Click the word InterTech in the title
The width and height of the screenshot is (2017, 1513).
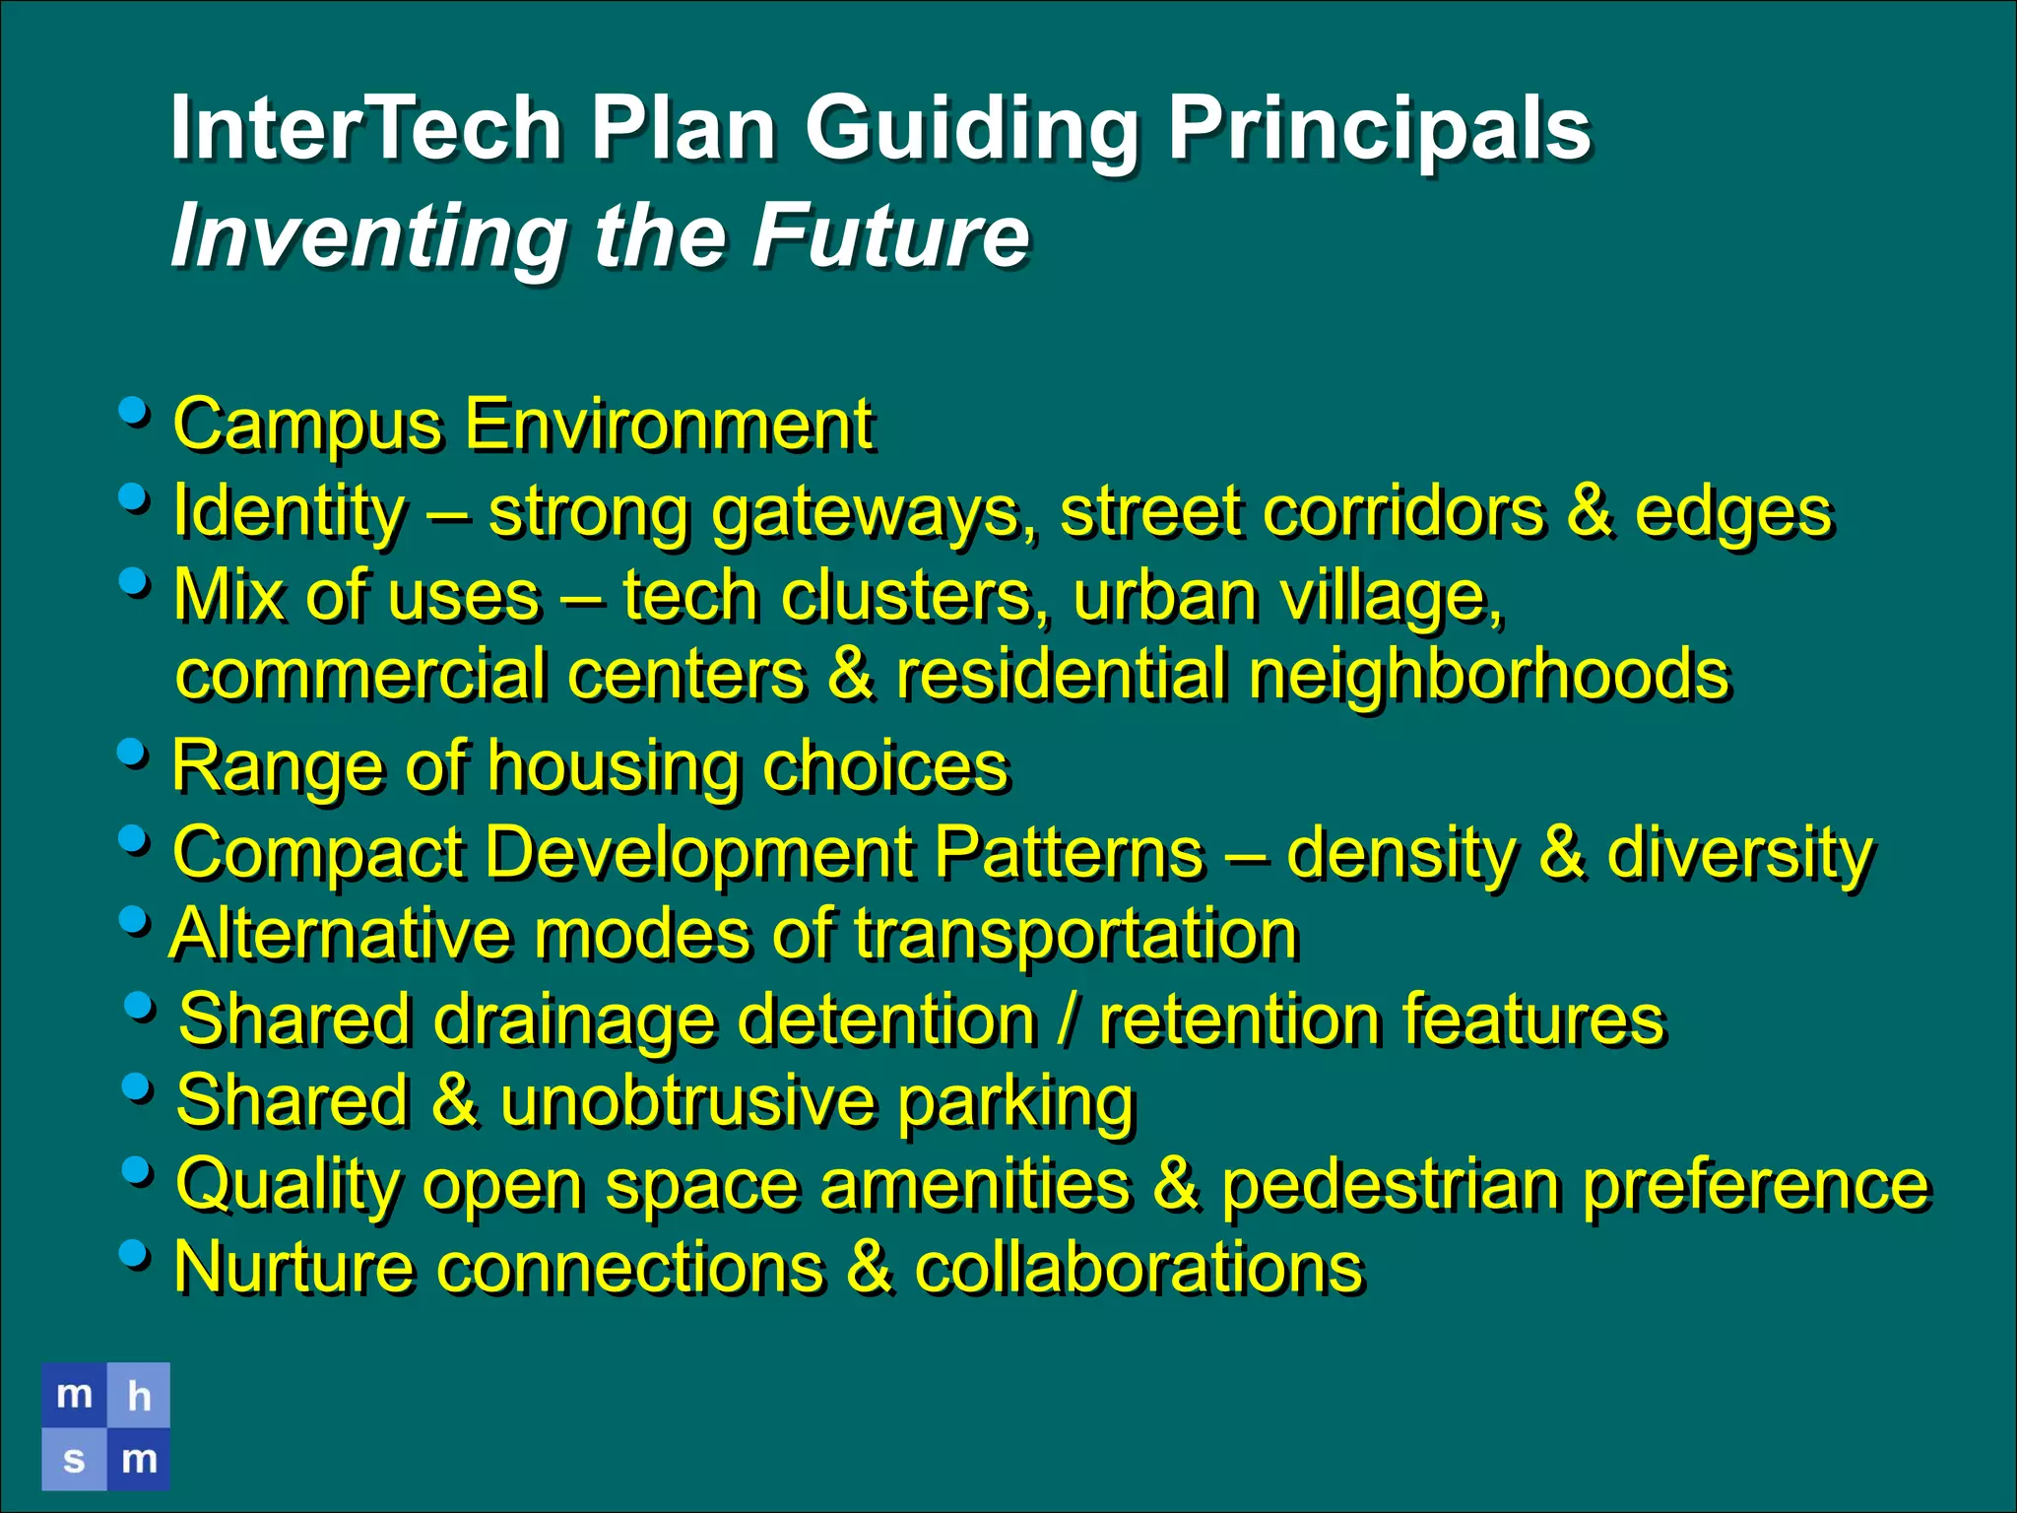click(x=364, y=128)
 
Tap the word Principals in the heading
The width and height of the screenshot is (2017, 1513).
click(x=1379, y=130)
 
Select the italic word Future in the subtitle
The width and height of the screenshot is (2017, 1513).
click(x=891, y=236)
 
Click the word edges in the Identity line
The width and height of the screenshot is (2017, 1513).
click(x=1733, y=514)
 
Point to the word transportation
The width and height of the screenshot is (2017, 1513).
click(x=1075, y=935)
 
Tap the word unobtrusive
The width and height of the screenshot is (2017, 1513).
click(x=687, y=1102)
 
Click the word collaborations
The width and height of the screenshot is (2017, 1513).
click(x=1139, y=1269)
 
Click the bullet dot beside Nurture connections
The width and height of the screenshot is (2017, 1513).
click(x=134, y=1254)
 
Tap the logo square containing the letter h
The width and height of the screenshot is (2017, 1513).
click(x=138, y=1395)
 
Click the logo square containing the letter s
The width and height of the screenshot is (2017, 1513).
click(x=74, y=1459)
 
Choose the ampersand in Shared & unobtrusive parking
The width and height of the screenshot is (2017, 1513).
click(x=455, y=1102)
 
